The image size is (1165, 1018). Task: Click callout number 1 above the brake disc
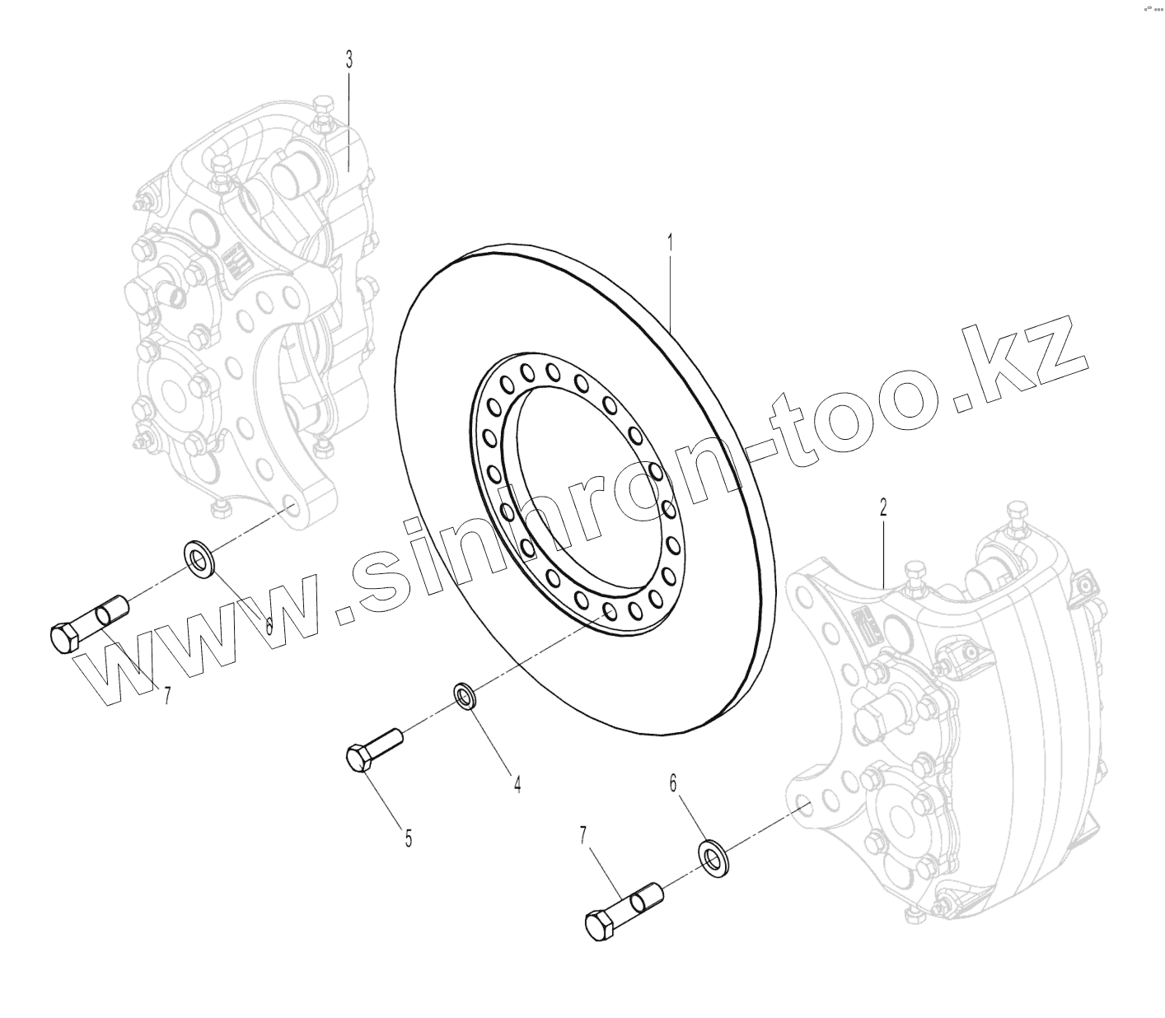point(670,243)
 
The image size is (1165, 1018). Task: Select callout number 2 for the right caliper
point(883,507)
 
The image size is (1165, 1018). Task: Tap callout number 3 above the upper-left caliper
point(349,60)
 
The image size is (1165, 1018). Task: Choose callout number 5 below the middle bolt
point(409,838)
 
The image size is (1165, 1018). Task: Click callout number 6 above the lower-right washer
point(673,783)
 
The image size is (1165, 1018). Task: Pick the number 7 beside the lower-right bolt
point(582,835)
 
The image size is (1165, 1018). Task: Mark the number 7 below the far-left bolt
point(166,696)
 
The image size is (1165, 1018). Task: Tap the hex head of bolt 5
point(359,757)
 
